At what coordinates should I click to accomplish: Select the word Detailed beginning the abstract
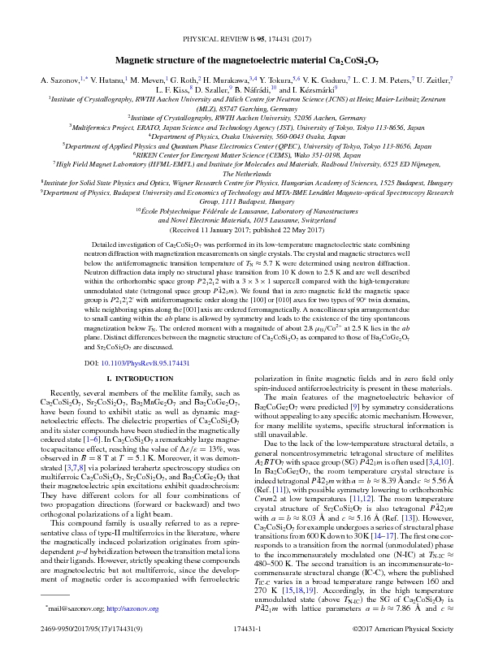point(110,243)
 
